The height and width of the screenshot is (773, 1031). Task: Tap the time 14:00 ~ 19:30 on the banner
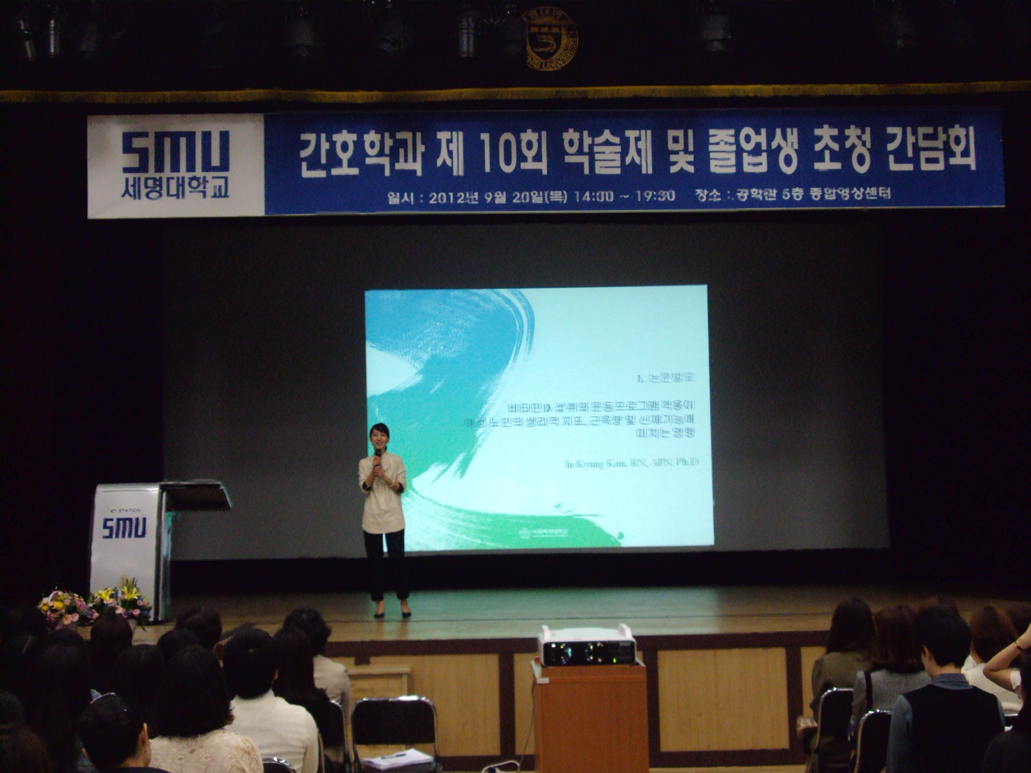pyautogui.click(x=624, y=196)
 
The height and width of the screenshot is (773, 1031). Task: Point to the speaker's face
pyautogui.click(x=378, y=437)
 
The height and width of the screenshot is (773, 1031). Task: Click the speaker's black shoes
pyautogui.click(x=392, y=614)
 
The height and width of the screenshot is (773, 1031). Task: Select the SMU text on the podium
pyautogui.click(x=124, y=528)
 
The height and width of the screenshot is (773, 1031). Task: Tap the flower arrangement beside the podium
pyautogui.click(x=96, y=606)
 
